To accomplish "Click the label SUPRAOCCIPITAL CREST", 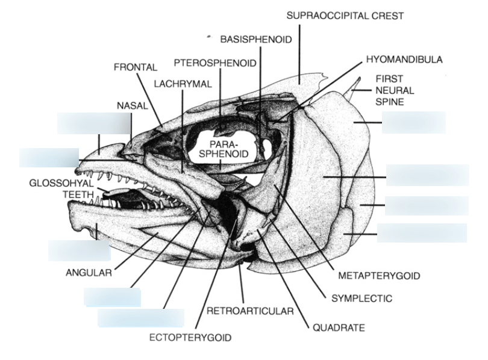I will pyautogui.click(x=345, y=15).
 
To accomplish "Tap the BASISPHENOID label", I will pyautogui.click(x=256, y=40).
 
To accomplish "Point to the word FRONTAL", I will pyautogui.click(x=136, y=67).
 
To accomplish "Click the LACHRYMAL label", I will pyautogui.click(x=183, y=84).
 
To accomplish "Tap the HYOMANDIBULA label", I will pyautogui.click(x=404, y=60).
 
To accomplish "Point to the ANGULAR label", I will pyautogui.click(x=89, y=273).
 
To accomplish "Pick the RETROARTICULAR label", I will pyautogui.click(x=249, y=311).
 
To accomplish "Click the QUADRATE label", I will pyautogui.click(x=338, y=328).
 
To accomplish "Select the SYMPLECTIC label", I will pyautogui.click(x=362, y=298).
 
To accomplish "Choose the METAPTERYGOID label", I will pyautogui.click(x=378, y=276).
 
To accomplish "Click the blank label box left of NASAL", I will pyautogui.click(x=93, y=123).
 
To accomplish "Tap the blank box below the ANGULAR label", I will pyautogui.click(x=112, y=297).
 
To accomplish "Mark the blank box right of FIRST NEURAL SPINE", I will pyautogui.click(x=413, y=122).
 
